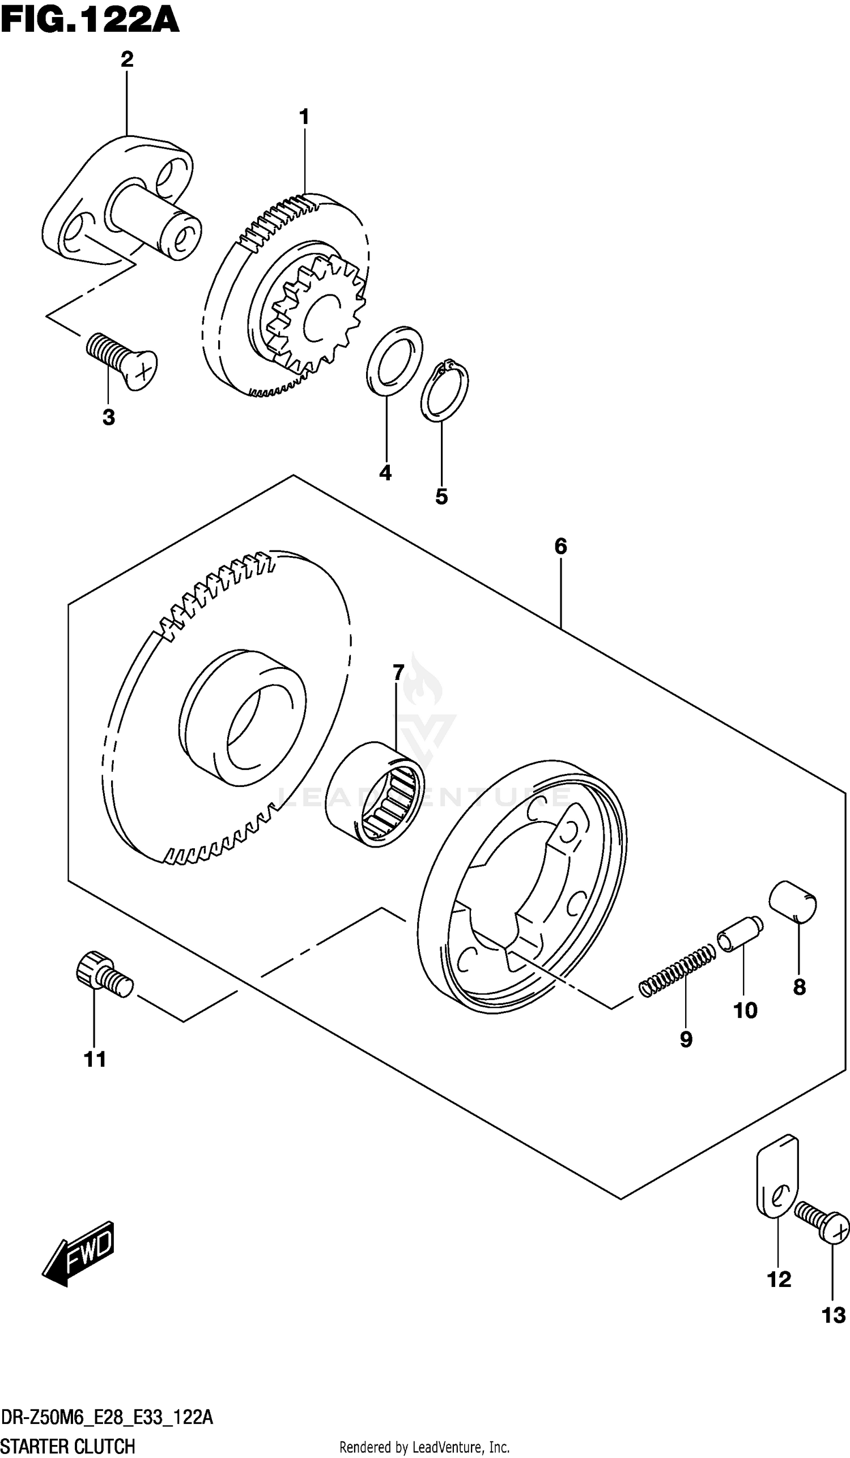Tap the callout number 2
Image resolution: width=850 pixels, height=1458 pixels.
click(x=127, y=59)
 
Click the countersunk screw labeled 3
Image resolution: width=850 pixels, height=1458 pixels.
click(x=123, y=360)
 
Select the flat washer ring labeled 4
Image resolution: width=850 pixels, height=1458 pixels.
click(x=394, y=361)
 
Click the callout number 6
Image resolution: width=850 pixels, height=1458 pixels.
click(x=560, y=546)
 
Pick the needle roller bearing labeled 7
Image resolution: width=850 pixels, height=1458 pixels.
click(x=375, y=795)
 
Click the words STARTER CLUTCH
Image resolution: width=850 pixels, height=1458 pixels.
click(x=68, y=1446)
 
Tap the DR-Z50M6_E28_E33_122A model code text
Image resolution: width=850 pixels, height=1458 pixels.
click(x=107, y=1417)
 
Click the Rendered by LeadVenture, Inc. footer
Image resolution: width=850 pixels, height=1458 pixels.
click(x=424, y=1447)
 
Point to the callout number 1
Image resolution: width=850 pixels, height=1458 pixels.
click(x=303, y=117)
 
